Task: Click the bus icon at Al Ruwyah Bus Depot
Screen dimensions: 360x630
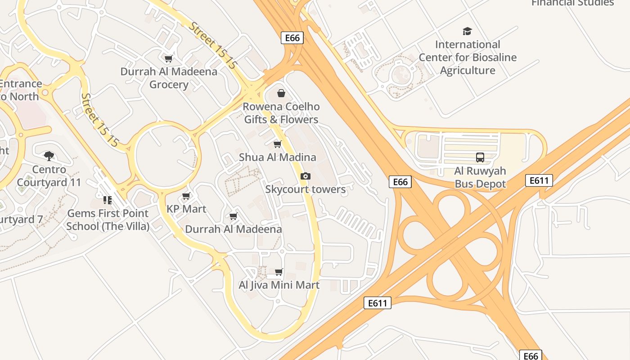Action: [480, 157]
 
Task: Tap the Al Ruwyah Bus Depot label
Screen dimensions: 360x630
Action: [480, 177]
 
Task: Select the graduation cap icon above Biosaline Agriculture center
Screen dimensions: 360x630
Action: [468, 31]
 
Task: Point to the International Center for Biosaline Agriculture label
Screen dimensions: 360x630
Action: [468, 58]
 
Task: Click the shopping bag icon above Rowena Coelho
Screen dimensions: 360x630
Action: [281, 93]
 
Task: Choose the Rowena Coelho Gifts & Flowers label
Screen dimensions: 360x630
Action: [281, 113]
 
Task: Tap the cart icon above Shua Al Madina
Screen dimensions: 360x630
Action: [278, 144]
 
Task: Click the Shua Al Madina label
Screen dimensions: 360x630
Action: [278, 157]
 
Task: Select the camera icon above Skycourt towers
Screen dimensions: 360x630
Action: [306, 176]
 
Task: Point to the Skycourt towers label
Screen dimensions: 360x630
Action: [306, 189]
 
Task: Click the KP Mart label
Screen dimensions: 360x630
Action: [186, 209]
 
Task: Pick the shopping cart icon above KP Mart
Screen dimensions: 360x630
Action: [186, 196]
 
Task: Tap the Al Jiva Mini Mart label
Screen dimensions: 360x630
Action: [279, 285]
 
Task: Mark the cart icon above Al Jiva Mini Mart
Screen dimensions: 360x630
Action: [279, 272]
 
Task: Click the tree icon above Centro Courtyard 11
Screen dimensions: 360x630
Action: [49, 156]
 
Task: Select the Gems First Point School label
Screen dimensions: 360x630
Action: [108, 220]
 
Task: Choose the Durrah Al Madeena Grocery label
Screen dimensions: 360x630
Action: [169, 78]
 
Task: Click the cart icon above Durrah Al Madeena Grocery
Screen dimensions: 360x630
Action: [169, 58]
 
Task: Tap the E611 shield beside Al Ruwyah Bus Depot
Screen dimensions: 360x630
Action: [539, 181]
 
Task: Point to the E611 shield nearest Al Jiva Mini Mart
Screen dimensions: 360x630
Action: [378, 303]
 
